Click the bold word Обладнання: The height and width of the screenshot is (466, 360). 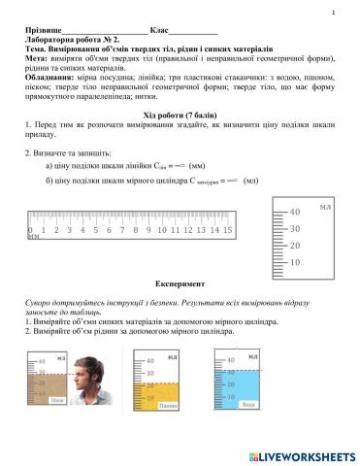point(53,78)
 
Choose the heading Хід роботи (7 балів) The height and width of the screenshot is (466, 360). point(180,116)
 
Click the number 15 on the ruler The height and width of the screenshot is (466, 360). point(227,230)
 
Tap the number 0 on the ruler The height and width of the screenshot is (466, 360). point(31,230)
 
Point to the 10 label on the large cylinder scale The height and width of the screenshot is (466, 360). point(295,262)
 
